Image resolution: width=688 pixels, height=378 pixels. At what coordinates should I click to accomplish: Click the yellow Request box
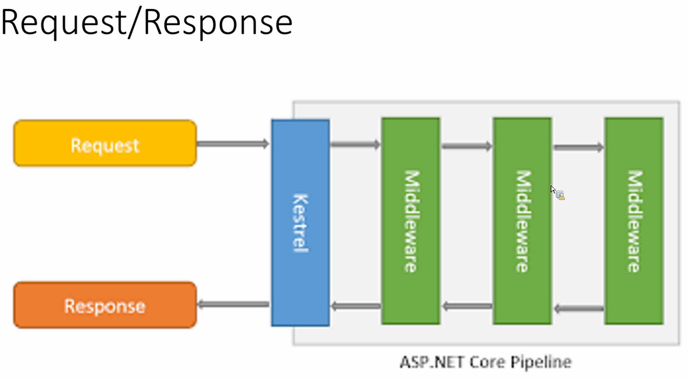(x=105, y=143)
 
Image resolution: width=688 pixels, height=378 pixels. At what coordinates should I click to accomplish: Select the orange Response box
(x=105, y=305)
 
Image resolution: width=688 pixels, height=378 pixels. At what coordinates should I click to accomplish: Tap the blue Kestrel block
(x=300, y=223)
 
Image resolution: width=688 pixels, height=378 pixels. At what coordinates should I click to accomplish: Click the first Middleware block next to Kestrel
(x=411, y=221)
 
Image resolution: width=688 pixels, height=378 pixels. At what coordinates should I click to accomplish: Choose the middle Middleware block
(x=522, y=221)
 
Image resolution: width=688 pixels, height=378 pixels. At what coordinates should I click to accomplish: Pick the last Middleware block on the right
(x=634, y=221)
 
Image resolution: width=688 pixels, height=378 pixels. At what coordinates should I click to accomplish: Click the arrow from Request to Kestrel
(x=233, y=143)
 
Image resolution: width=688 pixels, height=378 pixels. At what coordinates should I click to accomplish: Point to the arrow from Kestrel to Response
(x=234, y=304)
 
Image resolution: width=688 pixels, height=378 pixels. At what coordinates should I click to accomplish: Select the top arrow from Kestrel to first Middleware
(x=355, y=144)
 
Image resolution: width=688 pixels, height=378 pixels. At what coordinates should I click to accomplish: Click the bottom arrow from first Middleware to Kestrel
(x=356, y=306)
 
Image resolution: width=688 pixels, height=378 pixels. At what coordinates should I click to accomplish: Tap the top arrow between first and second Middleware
(x=467, y=146)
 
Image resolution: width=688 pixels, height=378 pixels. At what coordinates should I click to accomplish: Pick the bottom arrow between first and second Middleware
(x=468, y=306)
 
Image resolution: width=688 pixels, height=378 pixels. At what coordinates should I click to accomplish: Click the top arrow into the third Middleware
(x=578, y=148)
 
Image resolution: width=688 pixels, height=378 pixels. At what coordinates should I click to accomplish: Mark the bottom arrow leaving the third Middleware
(x=579, y=308)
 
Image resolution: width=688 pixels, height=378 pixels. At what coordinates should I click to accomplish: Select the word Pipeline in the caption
(x=541, y=363)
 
